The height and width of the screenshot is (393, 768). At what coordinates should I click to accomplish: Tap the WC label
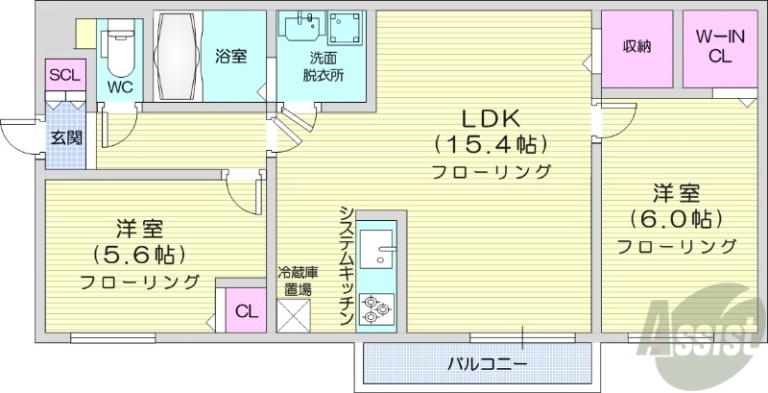coord(120,86)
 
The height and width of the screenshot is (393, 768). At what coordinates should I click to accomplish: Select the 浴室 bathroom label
coord(230,56)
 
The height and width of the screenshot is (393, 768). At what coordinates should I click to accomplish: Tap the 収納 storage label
coord(637,47)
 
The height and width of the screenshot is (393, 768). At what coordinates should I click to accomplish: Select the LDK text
coord(490,120)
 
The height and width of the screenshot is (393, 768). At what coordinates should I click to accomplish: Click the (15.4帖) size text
coord(490,146)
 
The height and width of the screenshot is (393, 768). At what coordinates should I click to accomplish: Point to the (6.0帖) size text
coord(676,217)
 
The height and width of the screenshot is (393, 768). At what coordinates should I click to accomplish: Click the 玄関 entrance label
coord(65,137)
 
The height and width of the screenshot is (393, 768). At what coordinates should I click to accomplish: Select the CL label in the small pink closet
coord(246,310)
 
